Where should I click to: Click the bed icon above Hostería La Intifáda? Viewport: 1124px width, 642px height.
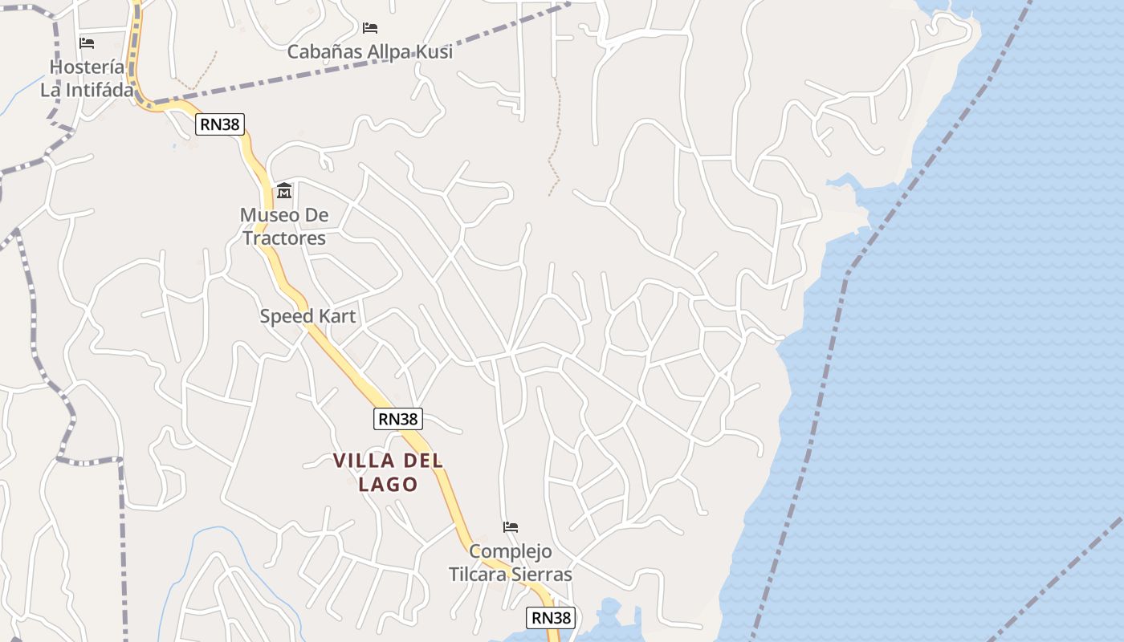point(87,43)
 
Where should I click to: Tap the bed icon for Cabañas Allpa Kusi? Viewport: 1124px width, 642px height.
point(370,28)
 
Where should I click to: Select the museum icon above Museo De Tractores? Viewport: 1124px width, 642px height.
point(284,191)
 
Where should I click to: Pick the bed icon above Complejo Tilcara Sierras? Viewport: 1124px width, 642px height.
point(511,527)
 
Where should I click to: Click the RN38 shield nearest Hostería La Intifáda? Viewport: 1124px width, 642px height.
point(220,124)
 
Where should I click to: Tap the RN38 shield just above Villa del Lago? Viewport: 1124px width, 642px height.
point(398,419)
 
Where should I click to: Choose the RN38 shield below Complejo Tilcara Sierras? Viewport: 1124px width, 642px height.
point(551,618)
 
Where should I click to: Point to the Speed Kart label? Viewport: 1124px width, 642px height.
point(307,316)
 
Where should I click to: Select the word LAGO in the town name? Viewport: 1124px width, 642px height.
point(389,485)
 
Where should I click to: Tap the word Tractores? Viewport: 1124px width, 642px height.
point(284,238)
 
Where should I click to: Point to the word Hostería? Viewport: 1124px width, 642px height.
point(87,67)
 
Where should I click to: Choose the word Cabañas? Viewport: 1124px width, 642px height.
point(324,52)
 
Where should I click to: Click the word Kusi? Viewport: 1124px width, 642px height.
point(434,52)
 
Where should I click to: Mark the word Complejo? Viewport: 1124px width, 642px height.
point(511,551)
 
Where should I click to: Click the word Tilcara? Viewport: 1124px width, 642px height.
point(480,575)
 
